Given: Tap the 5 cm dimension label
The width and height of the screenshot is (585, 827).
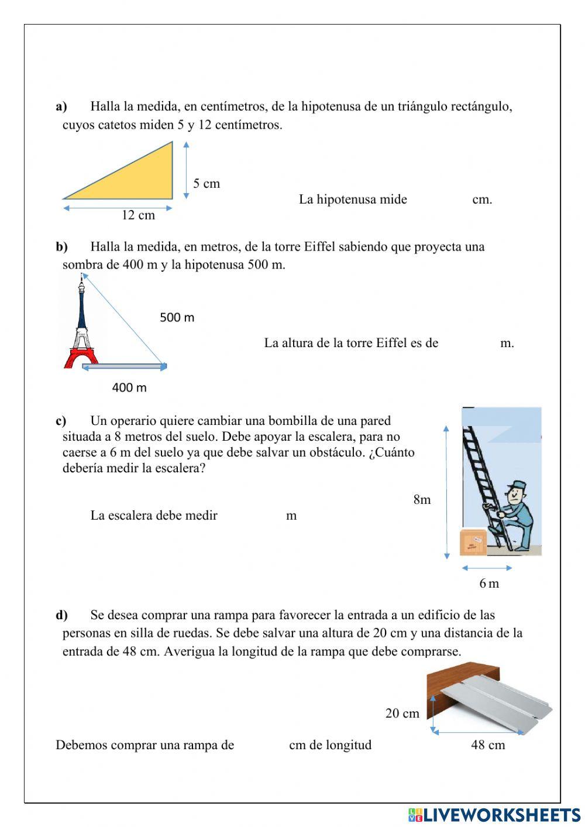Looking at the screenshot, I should pyautogui.click(x=207, y=184).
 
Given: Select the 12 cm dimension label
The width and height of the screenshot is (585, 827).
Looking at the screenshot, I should pyautogui.click(x=138, y=215).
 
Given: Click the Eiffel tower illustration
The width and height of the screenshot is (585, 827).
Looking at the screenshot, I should pyautogui.click(x=81, y=328).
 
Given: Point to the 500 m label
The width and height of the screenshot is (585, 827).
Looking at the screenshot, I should pyautogui.click(x=177, y=318).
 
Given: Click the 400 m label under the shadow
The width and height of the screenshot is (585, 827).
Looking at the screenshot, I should pyautogui.click(x=129, y=387).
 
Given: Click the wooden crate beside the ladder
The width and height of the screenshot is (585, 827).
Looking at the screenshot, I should pyautogui.click(x=473, y=542).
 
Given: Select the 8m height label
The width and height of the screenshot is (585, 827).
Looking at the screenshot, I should pyautogui.click(x=422, y=500).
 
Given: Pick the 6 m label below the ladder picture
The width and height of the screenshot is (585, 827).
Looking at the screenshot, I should pyautogui.click(x=489, y=584).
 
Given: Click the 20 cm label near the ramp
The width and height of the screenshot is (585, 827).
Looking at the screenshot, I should pyautogui.click(x=402, y=713).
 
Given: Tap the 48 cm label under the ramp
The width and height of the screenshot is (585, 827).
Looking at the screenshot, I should pyautogui.click(x=488, y=745).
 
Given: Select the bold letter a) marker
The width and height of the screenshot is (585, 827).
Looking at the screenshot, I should pyautogui.click(x=61, y=107).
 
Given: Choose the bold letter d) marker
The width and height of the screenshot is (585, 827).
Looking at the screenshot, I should pyautogui.click(x=61, y=615).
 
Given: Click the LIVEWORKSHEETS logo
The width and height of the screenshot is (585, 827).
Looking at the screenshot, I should pyautogui.click(x=494, y=815).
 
